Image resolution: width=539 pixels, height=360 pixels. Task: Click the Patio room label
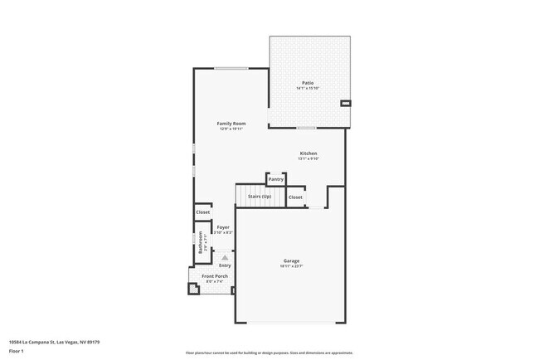[308, 82]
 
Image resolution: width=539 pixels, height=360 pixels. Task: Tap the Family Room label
[231, 124]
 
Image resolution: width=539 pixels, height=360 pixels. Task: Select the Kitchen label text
[308, 153]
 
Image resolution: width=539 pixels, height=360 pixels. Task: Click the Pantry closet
[275, 179]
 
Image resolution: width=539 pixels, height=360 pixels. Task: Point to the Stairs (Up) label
[260, 197]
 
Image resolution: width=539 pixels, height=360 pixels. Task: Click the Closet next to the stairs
[295, 197]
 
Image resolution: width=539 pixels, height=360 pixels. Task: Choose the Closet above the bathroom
[202, 212]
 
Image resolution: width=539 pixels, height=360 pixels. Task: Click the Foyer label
[223, 227]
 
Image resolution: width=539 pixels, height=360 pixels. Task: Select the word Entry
[225, 265]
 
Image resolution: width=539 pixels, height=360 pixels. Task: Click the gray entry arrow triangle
[224, 258]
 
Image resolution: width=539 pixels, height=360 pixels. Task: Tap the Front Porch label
[215, 276]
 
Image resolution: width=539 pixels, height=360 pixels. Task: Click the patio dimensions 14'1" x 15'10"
[308, 88]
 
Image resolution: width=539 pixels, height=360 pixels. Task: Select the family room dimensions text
[231, 129]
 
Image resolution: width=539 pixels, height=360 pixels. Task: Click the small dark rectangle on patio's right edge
[346, 103]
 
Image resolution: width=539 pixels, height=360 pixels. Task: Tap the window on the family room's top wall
[231, 68]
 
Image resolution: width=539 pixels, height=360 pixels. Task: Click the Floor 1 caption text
[15, 350]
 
